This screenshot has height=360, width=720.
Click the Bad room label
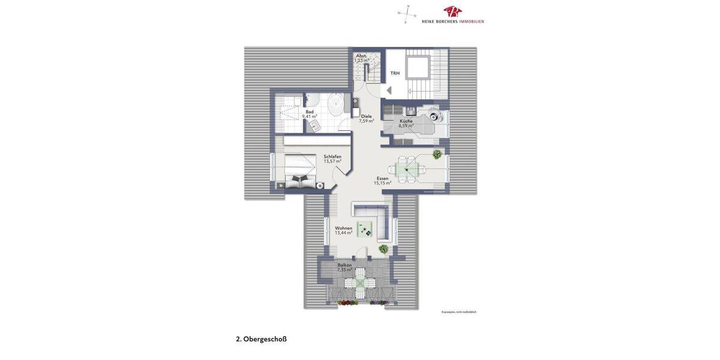310,114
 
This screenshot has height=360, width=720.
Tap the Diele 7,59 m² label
366,119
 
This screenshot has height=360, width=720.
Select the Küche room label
406,123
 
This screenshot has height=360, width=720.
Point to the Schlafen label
332,159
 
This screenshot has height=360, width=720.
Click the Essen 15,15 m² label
382,181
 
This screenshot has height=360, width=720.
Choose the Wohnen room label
343,230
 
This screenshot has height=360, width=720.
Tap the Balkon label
344,267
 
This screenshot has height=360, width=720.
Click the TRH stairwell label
395,73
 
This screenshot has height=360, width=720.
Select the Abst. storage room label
361,58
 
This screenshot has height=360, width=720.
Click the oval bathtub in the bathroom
335,106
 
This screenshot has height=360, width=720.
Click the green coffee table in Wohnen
364,229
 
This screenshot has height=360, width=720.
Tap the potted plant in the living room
383,248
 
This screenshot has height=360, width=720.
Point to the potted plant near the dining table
437,155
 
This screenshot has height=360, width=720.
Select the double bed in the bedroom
299,172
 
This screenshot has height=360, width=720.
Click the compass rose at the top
407,14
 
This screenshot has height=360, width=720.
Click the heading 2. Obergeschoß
261,339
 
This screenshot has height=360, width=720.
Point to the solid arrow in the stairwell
389,90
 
